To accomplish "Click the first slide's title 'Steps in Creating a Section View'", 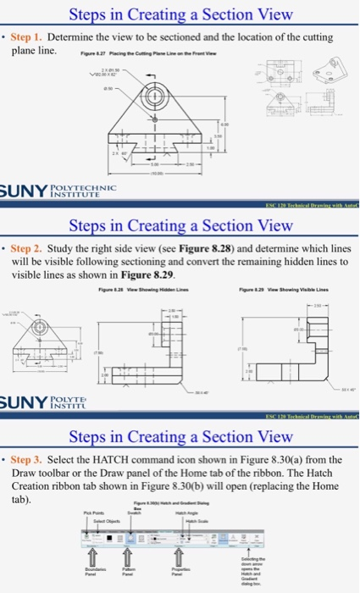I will pyautogui.click(x=180, y=14).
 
